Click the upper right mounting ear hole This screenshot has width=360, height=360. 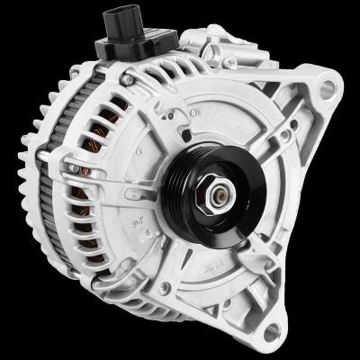(x=328, y=88)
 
